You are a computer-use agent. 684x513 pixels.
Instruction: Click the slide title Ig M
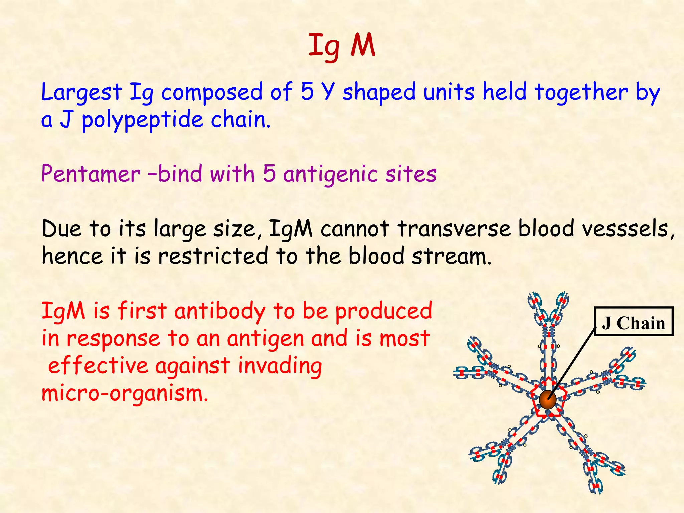342,47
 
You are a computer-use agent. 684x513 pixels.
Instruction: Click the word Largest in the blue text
81,93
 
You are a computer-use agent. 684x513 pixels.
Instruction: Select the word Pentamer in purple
91,174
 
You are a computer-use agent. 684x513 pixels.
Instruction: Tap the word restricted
213,256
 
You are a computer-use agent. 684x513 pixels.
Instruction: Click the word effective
98,366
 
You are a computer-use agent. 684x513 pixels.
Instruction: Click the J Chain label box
634,321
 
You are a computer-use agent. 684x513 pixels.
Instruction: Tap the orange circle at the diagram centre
547,400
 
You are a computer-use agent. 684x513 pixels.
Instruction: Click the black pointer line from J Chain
572,363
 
